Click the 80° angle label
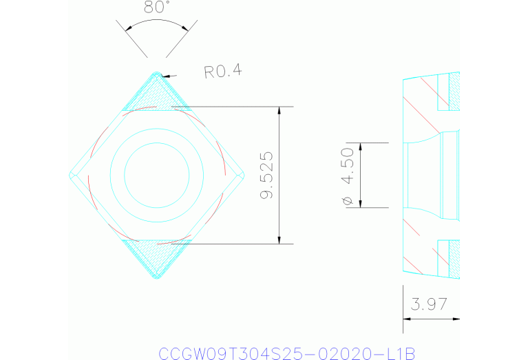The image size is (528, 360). point(157,8)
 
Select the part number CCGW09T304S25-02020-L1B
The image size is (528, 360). point(287,352)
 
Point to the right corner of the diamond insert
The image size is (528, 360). point(244,175)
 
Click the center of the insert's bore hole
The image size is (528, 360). point(157,175)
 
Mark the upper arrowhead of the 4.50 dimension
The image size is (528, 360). point(361,147)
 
